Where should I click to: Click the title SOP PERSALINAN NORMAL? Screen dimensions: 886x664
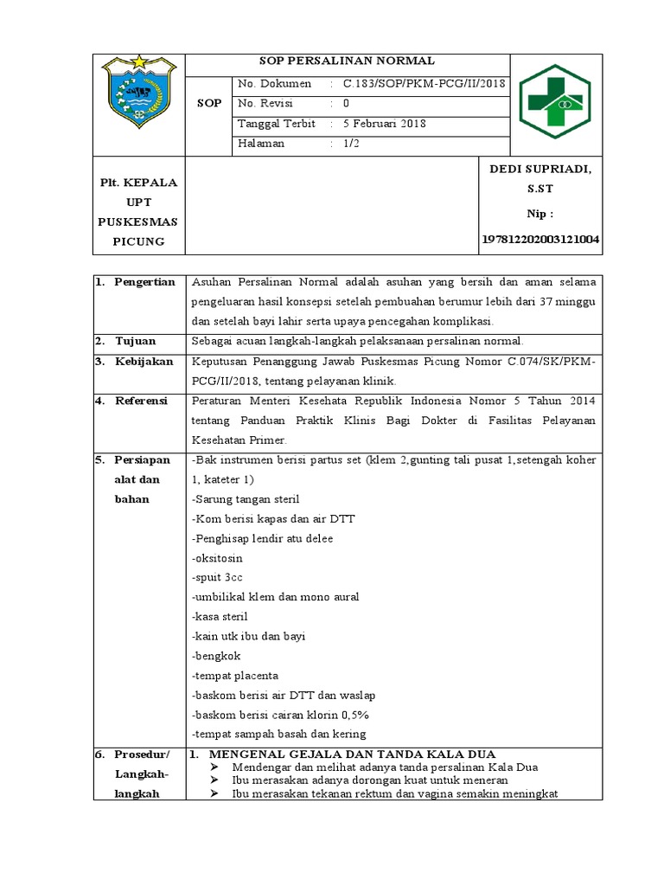coord(348,61)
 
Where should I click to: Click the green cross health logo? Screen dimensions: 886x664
coord(555,103)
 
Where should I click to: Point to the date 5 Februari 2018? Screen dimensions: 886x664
coord(384,124)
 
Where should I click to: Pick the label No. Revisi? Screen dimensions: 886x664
coord(267,104)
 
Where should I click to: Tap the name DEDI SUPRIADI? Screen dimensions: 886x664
coord(540,169)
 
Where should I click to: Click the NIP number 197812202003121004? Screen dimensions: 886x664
coord(540,238)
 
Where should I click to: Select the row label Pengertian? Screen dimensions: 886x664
coord(144,282)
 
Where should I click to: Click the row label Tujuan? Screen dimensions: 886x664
coord(136,341)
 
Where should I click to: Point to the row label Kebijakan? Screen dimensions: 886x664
coord(144,362)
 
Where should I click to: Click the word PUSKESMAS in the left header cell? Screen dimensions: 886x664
coord(137,221)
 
